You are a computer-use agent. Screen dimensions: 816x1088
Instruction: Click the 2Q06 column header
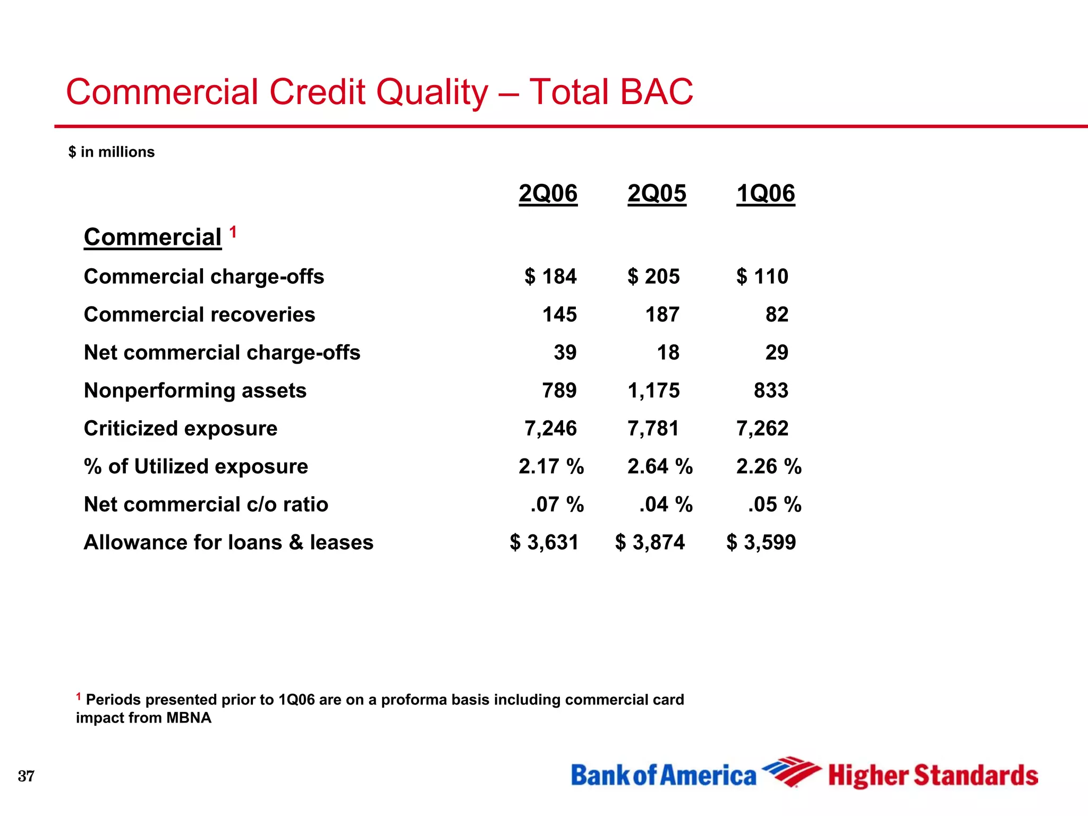click(x=548, y=193)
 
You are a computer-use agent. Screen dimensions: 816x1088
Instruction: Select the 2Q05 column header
click(x=657, y=193)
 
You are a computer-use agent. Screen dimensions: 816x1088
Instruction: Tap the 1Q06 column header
click(x=766, y=193)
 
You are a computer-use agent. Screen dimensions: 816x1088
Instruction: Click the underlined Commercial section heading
click(x=152, y=237)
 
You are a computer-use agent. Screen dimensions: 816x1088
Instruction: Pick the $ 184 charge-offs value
click(x=550, y=276)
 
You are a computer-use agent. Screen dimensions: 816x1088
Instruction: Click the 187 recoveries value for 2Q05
click(x=662, y=314)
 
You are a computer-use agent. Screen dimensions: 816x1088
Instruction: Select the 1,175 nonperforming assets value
click(x=653, y=390)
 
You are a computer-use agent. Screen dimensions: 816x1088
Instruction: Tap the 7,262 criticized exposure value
click(x=762, y=428)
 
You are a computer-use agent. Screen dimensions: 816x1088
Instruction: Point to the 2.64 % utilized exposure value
click(x=660, y=466)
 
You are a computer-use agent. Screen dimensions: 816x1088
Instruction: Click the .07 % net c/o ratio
click(x=557, y=504)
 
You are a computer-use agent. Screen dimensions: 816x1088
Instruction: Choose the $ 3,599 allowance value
click(x=761, y=542)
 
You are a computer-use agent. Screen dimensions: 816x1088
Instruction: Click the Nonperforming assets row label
click(x=195, y=390)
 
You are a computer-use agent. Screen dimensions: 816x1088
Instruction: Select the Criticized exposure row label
click(x=181, y=428)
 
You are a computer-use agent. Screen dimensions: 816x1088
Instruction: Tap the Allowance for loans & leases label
click(x=228, y=542)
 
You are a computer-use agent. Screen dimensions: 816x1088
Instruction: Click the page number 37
click(x=26, y=776)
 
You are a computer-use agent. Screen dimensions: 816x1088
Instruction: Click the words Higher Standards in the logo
click(x=933, y=776)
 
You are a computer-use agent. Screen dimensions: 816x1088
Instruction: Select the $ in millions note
click(x=112, y=152)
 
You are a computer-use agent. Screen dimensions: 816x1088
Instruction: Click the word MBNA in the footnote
click(x=189, y=718)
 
